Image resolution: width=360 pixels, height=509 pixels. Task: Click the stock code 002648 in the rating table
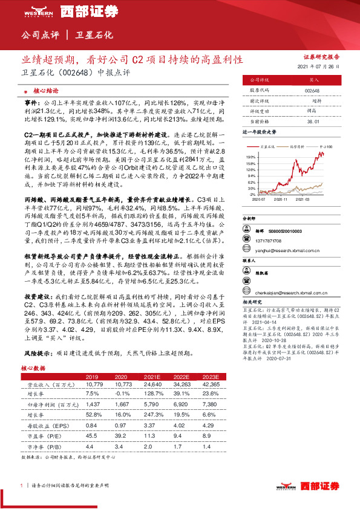point(313,90)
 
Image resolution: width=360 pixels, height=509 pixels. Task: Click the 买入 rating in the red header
point(313,79)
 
